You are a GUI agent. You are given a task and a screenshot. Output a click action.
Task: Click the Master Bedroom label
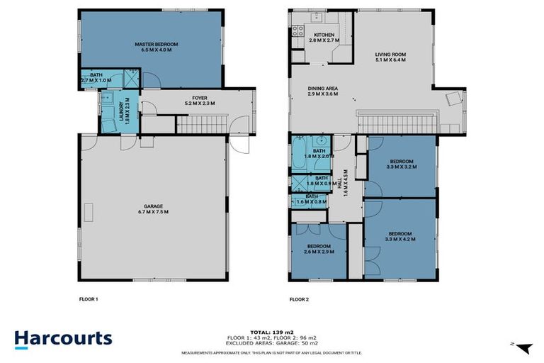[x=157, y=48]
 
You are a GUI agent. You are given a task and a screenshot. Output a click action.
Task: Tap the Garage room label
[x=153, y=208]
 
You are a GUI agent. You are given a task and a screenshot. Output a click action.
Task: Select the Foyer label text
[x=199, y=100]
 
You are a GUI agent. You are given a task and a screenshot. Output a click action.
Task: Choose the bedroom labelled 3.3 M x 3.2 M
[x=401, y=164]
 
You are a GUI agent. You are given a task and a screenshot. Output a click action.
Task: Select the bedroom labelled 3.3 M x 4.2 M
[x=400, y=236]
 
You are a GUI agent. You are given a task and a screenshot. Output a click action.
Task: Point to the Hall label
[x=345, y=184]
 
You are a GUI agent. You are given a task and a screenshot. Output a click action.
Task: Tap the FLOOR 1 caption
[x=88, y=299]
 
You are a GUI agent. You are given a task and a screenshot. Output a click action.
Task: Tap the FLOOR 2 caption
[x=299, y=299]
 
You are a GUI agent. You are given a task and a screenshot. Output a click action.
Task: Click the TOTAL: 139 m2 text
[x=272, y=332]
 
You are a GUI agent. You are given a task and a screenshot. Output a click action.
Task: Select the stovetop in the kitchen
[x=298, y=31]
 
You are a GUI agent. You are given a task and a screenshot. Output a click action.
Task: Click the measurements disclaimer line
[x=272, y=352]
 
